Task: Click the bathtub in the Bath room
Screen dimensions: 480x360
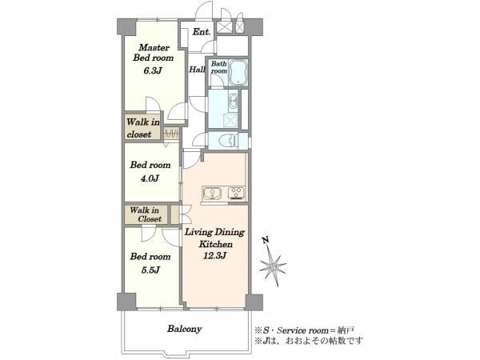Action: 238,73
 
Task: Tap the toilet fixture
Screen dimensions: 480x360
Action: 229,141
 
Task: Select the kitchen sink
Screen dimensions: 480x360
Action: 213,193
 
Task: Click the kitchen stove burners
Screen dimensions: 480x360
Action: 236,193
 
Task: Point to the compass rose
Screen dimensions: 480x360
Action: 273,266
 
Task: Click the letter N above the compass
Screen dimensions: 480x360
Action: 266,240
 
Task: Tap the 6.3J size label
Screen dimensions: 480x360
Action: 152,71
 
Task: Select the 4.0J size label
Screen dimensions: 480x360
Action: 150,178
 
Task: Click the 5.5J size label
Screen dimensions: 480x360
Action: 150,270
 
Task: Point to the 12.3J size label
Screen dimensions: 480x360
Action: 214,255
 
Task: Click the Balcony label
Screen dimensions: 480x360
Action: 184,329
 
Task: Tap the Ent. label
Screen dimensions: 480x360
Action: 202,31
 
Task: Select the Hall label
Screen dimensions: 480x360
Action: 197,70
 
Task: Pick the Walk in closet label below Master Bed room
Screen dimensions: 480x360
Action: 142,128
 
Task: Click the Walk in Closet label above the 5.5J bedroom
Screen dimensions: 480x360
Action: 145,214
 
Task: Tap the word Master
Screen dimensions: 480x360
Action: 154,48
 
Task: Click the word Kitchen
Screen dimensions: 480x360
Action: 215,244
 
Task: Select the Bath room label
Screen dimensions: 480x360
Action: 219,67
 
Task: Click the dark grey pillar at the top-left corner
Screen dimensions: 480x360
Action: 126,27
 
